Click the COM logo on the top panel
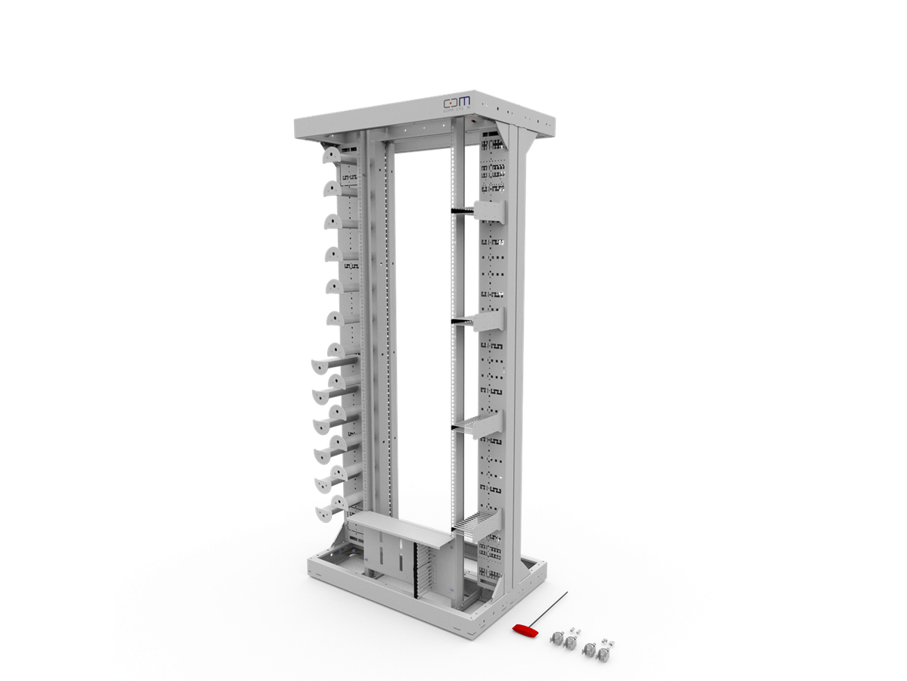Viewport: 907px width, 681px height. coord(457,101)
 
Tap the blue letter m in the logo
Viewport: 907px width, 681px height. coord(464,101)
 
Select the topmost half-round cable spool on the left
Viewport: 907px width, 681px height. coord(333,155)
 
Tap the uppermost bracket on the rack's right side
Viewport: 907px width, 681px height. coord(488,211)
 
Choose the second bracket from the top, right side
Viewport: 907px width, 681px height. coord(488,319)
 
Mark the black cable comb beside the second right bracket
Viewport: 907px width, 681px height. coord(462,321)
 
